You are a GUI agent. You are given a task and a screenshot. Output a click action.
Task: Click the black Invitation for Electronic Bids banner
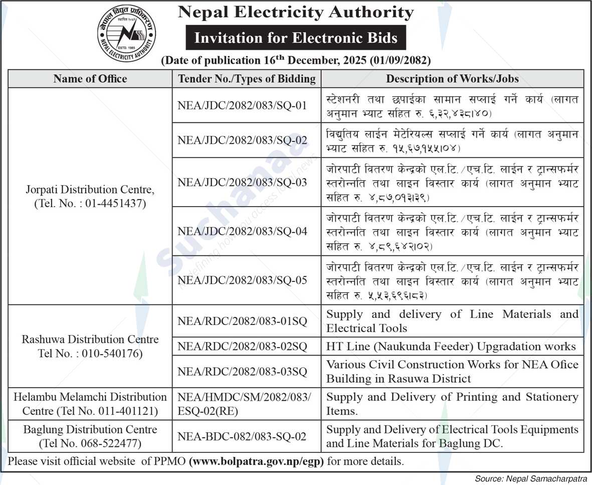click(x=296, y=38)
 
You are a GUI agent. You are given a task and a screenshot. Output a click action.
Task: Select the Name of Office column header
click(x=90, y=79)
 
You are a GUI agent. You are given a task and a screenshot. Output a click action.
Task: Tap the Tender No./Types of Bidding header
click(x=247, y=79)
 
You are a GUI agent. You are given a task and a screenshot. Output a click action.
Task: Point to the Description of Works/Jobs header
click(x=452, y=79)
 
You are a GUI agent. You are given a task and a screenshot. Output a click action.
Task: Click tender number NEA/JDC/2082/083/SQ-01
click(x=242, y=106)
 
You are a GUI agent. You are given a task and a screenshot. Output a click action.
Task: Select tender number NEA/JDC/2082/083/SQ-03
click(x=242, y=182)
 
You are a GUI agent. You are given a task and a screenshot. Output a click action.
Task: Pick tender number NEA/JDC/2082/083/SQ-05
click(x=242, y=280)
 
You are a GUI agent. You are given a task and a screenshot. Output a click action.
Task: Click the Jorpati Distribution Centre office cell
click(x=90, y=197)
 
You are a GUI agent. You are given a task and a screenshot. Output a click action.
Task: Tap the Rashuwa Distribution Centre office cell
click(x=90, y=346)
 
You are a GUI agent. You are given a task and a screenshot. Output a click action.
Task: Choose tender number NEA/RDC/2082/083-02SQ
click(x=242, y=346)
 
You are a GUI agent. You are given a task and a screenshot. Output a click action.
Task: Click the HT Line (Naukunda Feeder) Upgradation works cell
click(x=451, y=346)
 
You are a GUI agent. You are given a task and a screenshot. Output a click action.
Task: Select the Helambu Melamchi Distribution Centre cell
click(x=90, y=404)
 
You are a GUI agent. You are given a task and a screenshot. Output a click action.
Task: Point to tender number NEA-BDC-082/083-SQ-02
click(x=242, y=436)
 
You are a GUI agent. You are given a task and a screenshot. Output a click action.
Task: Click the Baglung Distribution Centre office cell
click(x=90, y=436)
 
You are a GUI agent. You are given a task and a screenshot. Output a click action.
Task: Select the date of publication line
click(x=296, y=61)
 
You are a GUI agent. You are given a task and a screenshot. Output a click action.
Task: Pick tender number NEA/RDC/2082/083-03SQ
click(x=242, y=372)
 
